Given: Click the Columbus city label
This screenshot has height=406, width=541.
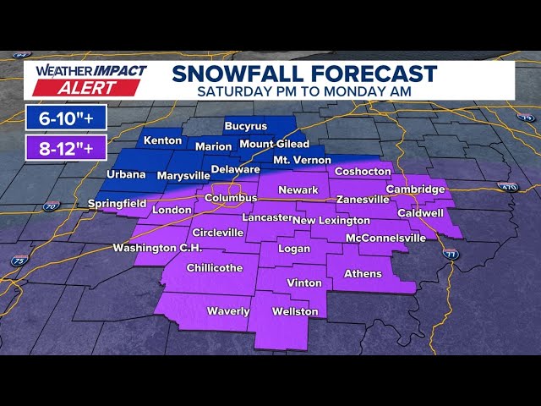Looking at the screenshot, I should pyautogui.click(x=231, y=198).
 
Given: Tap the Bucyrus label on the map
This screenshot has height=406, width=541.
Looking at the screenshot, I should pyautogui.click(x=245, y=127).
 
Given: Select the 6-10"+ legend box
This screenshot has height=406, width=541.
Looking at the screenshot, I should pyautogui.click(x=65, y=117).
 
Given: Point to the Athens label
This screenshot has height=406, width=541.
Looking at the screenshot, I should pyautogui.click(x=363, y=274).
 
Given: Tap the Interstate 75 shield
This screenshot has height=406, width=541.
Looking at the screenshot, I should pyautogui.click(x=19, y=261).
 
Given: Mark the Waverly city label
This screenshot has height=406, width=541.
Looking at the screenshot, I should pyautogui.click(x=228, y=311).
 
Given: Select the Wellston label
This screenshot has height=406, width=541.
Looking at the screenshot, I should pyautogui.click(x=295, y=312).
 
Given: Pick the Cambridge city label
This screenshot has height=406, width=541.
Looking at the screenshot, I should pyautogui.click(x=415, y=189).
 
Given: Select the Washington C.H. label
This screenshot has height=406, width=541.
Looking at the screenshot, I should pyautogui.click(x=157, y=249).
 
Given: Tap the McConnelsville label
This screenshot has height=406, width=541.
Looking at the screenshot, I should pyautogui.click(x=385, y=239).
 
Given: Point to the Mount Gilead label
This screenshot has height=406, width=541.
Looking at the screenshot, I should pyautogui.click(x=274, y=144).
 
